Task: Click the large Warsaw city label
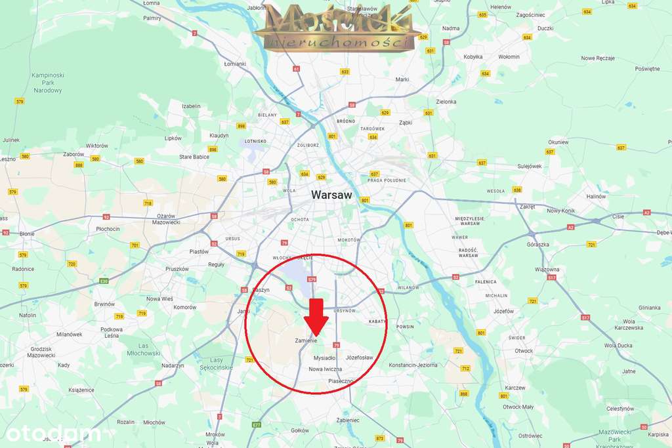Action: tap(331, 195)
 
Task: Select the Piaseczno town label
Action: tap(341, 380)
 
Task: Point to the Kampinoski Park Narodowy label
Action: tap(47, 83)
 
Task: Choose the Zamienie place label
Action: tap(306, 340)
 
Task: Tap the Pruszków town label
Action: tap(177, 269)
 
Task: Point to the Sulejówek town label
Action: tap(530, 166)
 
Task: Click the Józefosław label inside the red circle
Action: tap(359, 357)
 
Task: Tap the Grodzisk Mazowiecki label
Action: tap(41, 352)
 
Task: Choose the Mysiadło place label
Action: tap(324, 358)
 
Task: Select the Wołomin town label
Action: tap(509, 56)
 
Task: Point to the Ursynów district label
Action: tap(345, 310)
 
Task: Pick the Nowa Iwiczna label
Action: tap(325, 369)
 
